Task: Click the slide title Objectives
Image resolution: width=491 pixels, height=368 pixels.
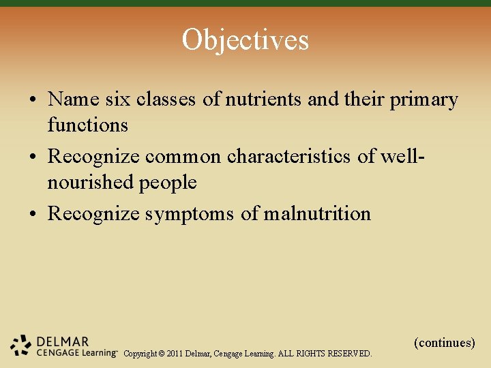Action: pos(245,40)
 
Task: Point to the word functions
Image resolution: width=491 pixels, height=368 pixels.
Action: pos(87,125)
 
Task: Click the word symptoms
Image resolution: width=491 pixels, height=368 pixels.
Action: pos(189,215)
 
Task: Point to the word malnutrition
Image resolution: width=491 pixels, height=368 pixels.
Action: pos(317,214)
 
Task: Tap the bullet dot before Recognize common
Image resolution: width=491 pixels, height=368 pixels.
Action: pos(33,157)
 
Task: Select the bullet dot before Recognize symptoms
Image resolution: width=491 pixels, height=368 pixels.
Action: pos(33,215)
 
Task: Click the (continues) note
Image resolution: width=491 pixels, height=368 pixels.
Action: pos(444,342)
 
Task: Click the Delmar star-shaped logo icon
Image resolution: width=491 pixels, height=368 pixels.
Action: pos(21,346)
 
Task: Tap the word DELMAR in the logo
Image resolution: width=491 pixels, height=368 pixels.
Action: pos(63,341)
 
